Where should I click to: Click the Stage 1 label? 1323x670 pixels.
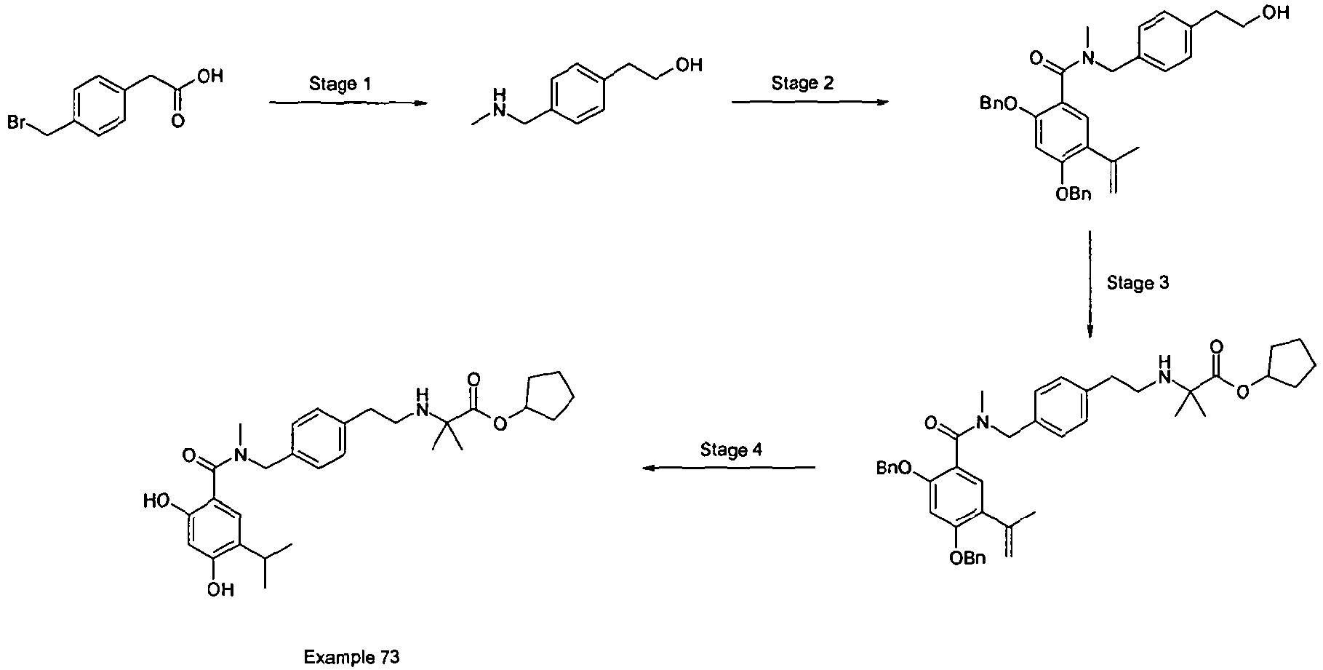point(340,84)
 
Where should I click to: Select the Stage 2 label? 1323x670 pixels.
point(802,84)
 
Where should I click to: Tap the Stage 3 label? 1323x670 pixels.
point(1138,283)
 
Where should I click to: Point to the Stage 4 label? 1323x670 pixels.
point(731,450)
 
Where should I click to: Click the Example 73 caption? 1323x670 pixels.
point(352,658)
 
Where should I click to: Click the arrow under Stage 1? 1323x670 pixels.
point(347,103)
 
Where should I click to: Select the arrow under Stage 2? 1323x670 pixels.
point(810,103)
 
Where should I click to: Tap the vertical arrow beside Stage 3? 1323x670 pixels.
point(1090,284)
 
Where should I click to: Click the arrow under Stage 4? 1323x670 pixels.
point(728,468)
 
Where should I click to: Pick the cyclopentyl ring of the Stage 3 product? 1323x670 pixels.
point(1292,363)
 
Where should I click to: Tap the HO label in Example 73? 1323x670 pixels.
point(157,502)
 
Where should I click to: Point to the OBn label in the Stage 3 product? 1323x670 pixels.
point(969,558)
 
